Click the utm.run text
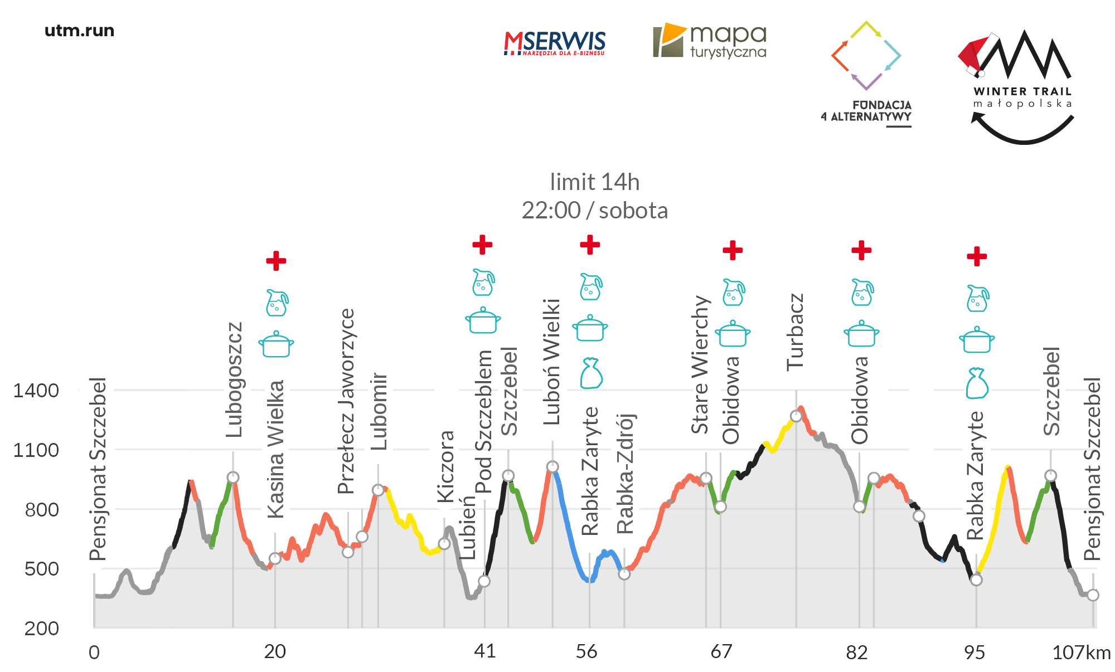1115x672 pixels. [x=79, y=31]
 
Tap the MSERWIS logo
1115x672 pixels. [x=554, y=43]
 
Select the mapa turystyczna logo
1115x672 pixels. [x=710, y=41]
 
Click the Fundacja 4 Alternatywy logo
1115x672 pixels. [x=866, y=72]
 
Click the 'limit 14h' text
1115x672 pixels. [x=594, y=182]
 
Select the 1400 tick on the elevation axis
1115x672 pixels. [x=36, y=391]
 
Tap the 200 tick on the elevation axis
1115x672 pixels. [x=41, y=629]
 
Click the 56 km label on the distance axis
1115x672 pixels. [x=586, y=651]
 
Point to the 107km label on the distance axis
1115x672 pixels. [x=1081, y=652]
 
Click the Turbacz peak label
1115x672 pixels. [x=795, y=332]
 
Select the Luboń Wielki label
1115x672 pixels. [x=552, y=362]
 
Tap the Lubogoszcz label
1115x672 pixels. [x=234, y=379]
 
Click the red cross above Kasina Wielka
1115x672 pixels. [x=276, y=260]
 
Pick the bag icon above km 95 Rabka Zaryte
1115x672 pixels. [x=977, y=383]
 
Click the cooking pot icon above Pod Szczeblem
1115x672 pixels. [x=483, y=320]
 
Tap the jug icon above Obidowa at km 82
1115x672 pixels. [x=862, y=293]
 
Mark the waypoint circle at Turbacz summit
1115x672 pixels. [x=796, y=416]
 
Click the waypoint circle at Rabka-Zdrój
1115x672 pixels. [x=624, y=574]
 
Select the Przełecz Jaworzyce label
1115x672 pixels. [x=346, y=401]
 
